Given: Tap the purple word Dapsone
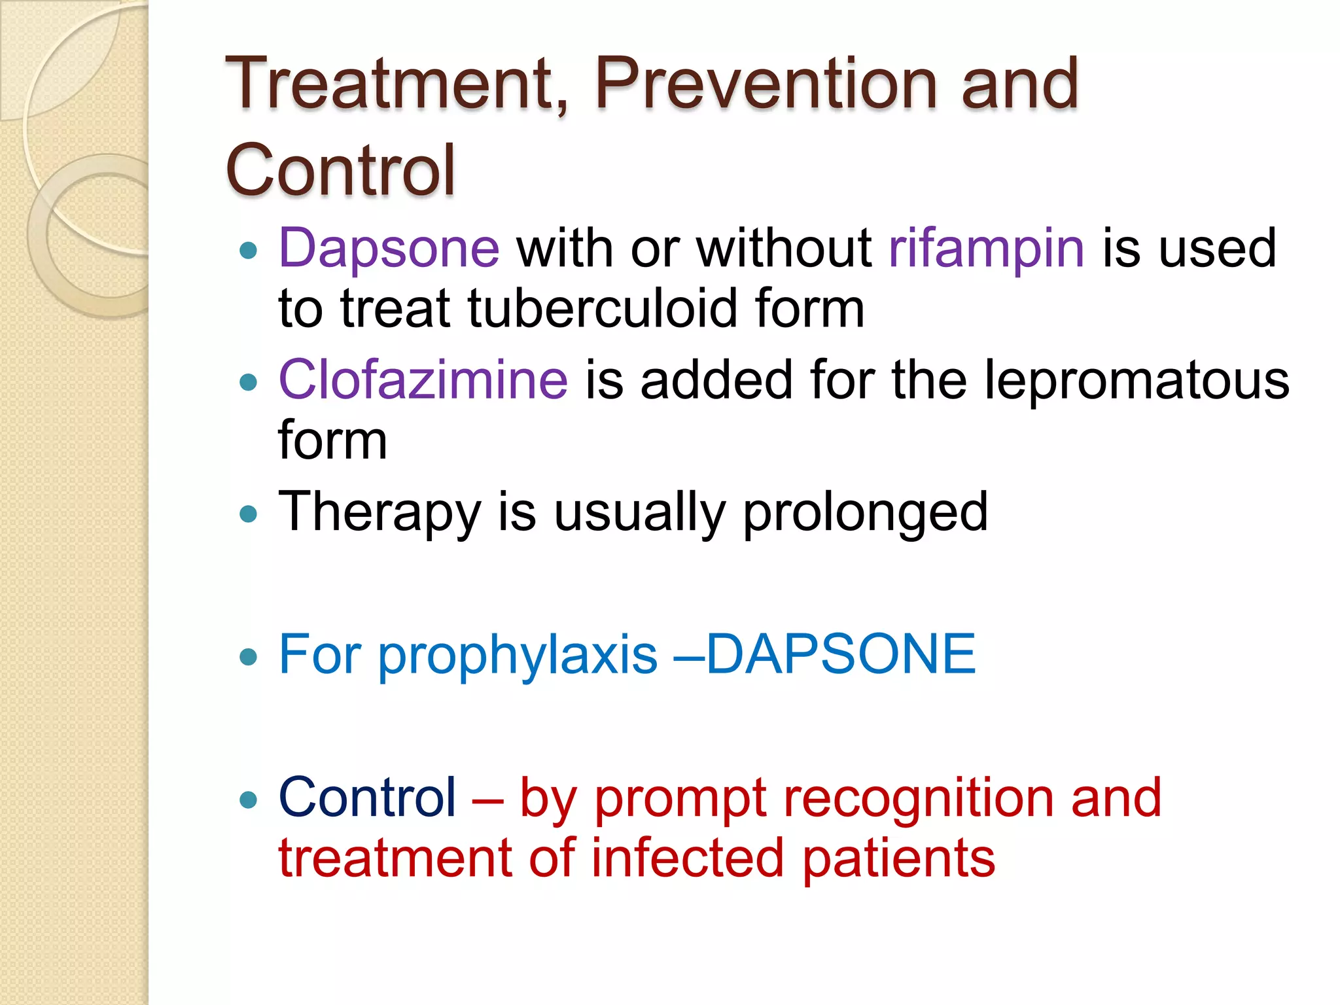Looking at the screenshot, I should pos(389,249).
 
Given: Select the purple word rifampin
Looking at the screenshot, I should pos(987,249).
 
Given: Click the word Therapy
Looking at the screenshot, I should pos(379,512).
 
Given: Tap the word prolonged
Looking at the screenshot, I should pos(865,512).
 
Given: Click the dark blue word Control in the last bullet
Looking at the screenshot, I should pos(367,798).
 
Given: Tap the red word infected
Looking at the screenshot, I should pos(687,858).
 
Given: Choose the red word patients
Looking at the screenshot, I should pos(898,858).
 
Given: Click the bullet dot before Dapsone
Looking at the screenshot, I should pos(248,250).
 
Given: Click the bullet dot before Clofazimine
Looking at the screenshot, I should pos(248,382).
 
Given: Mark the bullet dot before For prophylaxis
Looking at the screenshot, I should pos(248,656).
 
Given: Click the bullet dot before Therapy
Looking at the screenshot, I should pos(248,514).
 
